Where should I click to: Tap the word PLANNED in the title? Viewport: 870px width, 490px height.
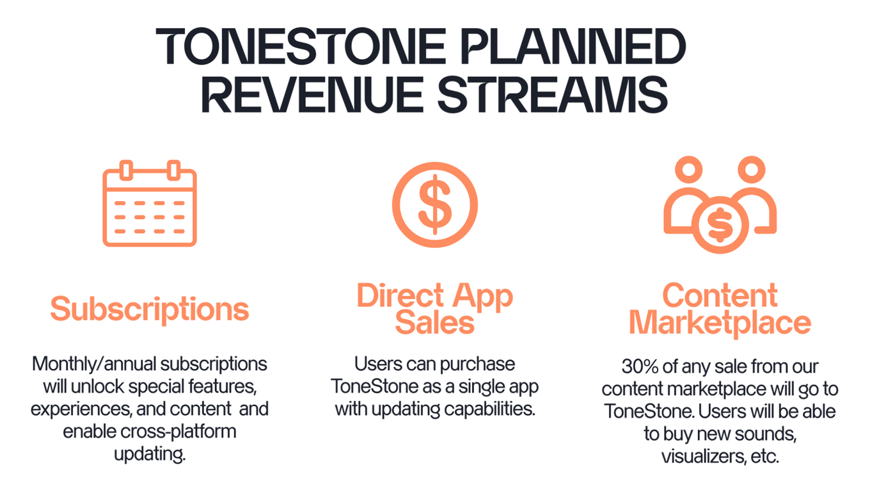click(x=574, y=46)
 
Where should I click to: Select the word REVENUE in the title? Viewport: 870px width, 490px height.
click(x=312, y=95)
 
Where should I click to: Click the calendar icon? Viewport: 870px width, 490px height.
click(x=150, y=203)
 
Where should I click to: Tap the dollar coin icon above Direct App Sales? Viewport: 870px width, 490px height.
click(x=434, y=204)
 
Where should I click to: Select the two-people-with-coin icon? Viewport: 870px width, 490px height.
click(x=720, y=204)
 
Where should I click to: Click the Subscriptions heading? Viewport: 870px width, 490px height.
click(x=150, y=310)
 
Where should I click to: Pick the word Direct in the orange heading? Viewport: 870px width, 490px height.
click(x=400, y=295)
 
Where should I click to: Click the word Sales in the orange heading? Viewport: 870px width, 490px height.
click(x=434, y=323)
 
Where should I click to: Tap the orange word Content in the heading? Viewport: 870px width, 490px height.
click(x=720, y=295)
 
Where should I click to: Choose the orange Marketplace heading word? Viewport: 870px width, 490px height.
click(x=720, y=323)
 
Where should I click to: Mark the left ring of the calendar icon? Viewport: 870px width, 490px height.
click(x=126, y=170)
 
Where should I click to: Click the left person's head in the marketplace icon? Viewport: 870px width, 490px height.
click(x=688, y=170)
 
